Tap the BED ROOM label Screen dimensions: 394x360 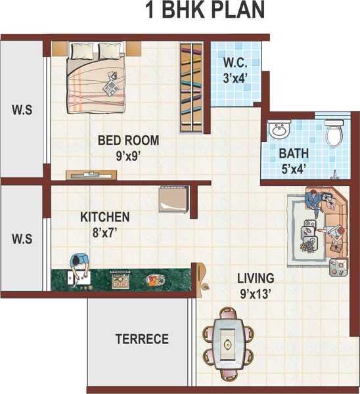pyautogui.click(x=128, y=141)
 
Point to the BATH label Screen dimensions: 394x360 pyautogui.click(x=293, y=154)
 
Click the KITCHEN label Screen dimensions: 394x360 pyautogui.click(x=105, y=217)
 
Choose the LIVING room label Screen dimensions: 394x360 pyautogui.click(x=256, y=278)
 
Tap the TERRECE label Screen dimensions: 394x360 pyautogui.click(x=142, y=339)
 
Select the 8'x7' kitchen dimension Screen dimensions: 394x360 pyautogui.click(x=106, y=232)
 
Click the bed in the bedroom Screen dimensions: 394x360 pyautogui.click(x=97, y=76)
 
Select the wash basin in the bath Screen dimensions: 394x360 pyautogui.click(x=279, y=130)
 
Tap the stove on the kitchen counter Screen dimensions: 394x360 pyautogui.click(x=120, y=280)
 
